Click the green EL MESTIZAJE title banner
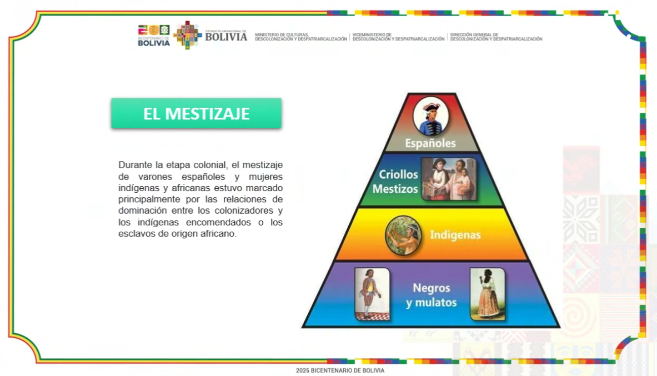coord(196,113)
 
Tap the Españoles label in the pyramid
coord(430,143)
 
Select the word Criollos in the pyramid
coord(398,174)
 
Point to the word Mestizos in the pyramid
coord(395,189)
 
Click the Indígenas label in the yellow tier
coord(455,235)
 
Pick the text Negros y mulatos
coord(432,295)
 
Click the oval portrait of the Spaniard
coord(431,116)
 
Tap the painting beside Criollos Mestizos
coord(449,179)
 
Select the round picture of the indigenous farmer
coord(404,235)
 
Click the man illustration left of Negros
coord(372,294)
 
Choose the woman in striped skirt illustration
coord(487,294)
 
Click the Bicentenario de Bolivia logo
coord(154,35)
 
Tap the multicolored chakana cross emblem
coord(187,35)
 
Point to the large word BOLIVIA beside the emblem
coord(226,37)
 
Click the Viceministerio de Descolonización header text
coord(398,37)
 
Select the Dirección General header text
coord(496,37)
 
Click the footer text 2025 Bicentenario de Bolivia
coord(340,370)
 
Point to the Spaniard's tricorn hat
coord(432,107)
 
